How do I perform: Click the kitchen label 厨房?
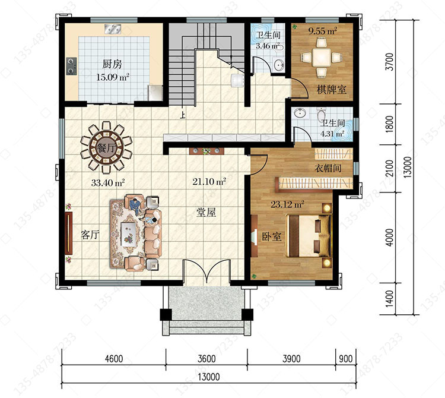(112, 64)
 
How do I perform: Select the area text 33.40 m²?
(108, 183)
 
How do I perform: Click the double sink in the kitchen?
(113, 29)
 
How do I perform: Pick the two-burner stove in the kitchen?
(71, 66)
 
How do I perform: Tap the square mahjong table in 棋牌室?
(322, 58)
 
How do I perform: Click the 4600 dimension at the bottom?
(114, 359)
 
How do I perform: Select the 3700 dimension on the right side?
(390, 62)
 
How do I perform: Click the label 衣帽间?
(328, 168)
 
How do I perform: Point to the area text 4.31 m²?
(332, 134)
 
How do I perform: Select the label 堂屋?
(206, 212)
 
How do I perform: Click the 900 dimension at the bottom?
(346, 359)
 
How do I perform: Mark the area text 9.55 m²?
(323, 31)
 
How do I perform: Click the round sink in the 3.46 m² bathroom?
(278, 65)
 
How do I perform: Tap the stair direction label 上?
(183, 115)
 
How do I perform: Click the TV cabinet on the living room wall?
(69, 233)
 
